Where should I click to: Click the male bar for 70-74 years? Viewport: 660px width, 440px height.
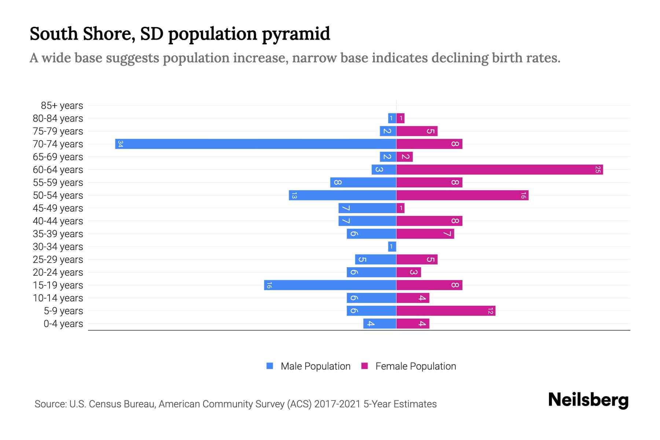coord(256,144)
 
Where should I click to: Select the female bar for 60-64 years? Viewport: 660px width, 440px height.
coord(499,169)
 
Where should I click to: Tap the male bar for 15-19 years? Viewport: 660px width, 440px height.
coord(330,285)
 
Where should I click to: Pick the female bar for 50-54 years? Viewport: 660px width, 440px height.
coord(462,195)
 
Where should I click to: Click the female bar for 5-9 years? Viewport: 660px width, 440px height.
coord(445,311)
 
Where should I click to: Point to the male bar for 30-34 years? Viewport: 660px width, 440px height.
coord(392,246)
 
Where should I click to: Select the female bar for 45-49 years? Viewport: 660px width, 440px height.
coord(400,208)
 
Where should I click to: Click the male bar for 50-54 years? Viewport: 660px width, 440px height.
coord(342,195)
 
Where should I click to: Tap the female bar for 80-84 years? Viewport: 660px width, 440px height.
coord(400,118)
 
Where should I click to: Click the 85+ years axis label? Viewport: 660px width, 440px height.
coord(62,106)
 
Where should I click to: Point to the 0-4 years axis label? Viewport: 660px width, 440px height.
coord(63,324)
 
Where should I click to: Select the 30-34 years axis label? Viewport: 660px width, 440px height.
coord(58,247)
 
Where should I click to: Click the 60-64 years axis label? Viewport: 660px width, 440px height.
coord(58,170)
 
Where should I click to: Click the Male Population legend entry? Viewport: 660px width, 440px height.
coord(308,366)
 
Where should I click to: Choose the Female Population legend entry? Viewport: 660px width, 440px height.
coord(408,366)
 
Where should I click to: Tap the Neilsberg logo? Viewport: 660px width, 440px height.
coord(588,400)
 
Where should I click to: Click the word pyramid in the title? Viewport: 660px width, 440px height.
coord(296,34)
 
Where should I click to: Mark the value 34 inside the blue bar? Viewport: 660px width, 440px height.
coord(120,144)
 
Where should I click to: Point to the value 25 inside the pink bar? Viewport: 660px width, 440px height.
coord(598,169)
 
